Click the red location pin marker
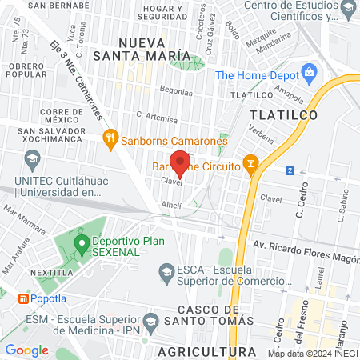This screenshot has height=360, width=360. [181, 163]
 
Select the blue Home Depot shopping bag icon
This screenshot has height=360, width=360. [310, 75]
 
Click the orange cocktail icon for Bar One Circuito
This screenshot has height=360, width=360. [251, 166]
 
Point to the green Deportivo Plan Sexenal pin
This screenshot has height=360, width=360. [81, 241]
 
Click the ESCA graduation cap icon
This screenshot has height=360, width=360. [166, 270]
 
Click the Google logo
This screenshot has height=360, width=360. [26, 350]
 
